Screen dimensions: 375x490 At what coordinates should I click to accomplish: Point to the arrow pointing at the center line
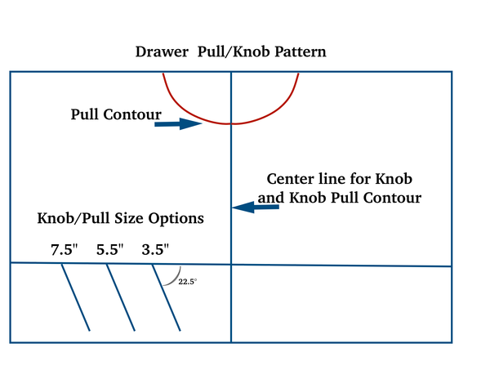coord(256,208)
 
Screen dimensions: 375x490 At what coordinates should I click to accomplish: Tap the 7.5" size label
coord(64,250)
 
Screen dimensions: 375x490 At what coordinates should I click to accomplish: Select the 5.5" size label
coord(108,250)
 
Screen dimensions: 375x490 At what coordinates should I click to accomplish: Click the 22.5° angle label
coord(188,282)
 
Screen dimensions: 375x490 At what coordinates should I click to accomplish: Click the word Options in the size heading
coord(175,219)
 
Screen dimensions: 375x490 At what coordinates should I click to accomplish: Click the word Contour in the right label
coord(393,197)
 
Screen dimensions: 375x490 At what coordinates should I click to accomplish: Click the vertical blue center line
coord(232,163)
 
